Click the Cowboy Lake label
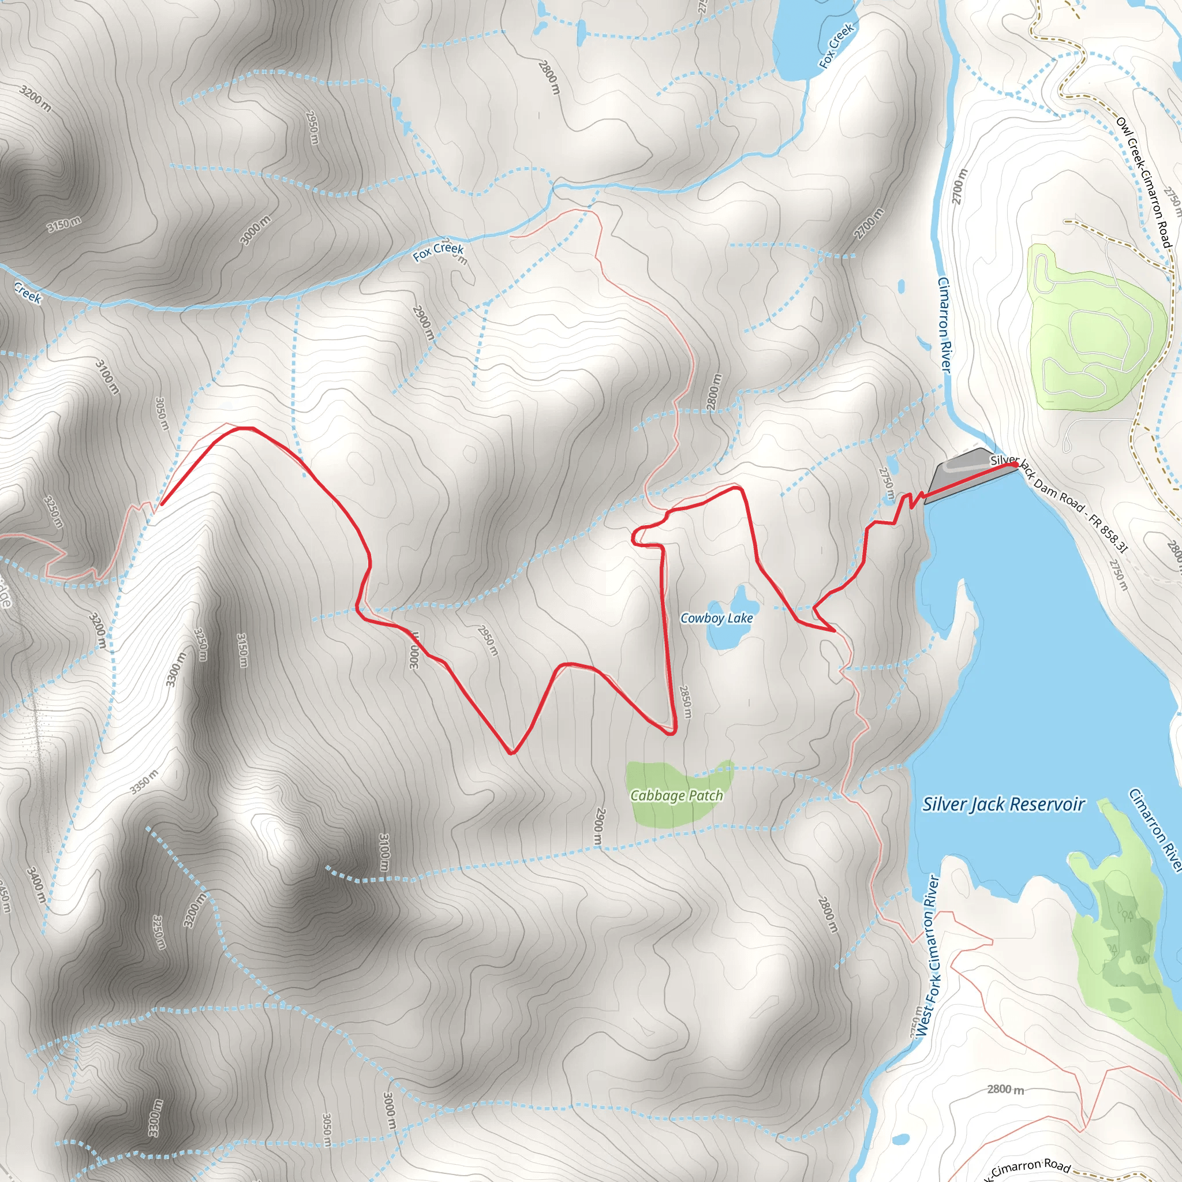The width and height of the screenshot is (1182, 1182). point(716,619)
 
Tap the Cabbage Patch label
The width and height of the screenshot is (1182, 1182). point(676,795)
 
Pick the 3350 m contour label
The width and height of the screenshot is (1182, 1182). point(144,782)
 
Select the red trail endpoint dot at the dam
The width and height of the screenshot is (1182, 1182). point(1015,465)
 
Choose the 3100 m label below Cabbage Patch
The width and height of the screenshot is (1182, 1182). point(384,852)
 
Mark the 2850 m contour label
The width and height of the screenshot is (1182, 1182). point(685,701)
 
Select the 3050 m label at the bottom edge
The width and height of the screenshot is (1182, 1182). point(327,1129)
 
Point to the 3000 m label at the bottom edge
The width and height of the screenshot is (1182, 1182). point(389,1110)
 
